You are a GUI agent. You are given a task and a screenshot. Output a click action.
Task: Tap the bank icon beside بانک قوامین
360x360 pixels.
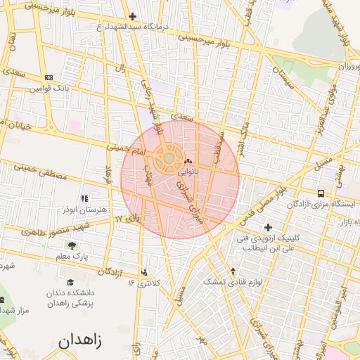tap(49, 77)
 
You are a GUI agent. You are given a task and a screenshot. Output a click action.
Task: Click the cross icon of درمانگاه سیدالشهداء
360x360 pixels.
tap(133, 16)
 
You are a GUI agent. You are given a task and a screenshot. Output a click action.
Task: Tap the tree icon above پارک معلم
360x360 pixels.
tap(72, 245)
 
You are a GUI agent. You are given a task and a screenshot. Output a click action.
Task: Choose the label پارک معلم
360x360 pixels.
tap(73, 257)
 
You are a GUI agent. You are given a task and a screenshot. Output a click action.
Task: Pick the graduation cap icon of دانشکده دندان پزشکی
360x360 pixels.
tap(70, 283)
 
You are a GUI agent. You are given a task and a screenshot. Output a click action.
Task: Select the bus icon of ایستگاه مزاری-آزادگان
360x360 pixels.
tap(321, 193)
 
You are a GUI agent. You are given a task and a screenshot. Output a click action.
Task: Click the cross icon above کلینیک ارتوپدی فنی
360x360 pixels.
tap(267, 227)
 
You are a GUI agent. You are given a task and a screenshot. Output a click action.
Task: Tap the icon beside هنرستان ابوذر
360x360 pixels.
tap(86, 200)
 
